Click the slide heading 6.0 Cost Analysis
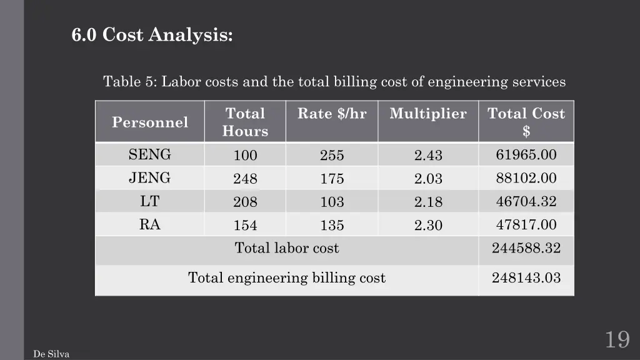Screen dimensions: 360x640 152,35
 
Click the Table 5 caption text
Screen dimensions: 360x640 334,82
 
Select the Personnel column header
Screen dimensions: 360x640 150,122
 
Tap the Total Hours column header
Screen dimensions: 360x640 245,122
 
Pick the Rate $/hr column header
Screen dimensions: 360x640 332,114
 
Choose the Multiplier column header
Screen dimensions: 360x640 428,114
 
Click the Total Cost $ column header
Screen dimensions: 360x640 526,122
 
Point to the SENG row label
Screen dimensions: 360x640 150,154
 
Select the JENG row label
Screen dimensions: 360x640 150,178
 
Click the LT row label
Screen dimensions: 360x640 150,201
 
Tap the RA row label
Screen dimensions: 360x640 150,224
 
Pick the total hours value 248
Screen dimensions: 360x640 245,179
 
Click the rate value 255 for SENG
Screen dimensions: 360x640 332,156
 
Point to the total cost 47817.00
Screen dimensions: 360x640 526,225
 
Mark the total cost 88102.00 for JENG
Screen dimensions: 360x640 526,178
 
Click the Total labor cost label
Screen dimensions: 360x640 287,248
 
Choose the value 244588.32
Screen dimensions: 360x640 526,248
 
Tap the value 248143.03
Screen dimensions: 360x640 526,277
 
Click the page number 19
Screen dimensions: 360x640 616,340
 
